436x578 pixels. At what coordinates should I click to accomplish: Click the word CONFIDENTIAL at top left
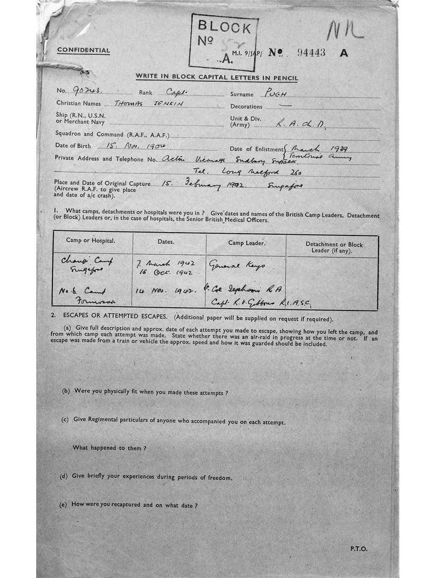point(84,50)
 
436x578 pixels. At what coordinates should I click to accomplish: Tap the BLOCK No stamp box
point(224,42)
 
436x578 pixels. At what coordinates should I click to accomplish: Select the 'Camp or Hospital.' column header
point(91,241)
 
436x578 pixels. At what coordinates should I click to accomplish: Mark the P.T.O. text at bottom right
point(358,548)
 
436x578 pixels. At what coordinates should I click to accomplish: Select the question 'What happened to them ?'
point(110,448)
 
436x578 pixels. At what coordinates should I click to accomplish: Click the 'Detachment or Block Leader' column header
point(334,247)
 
